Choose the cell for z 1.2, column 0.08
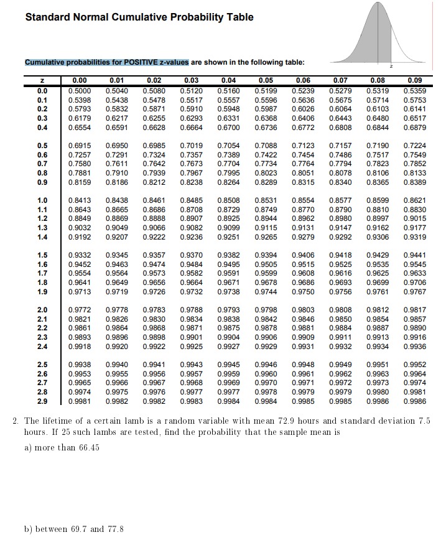click(379, 218)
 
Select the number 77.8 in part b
click(114, 529)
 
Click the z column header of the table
click(43, 80)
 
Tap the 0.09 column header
click(414, 80)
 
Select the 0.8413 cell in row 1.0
click(79, 200)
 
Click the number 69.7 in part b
click(72, 529)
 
